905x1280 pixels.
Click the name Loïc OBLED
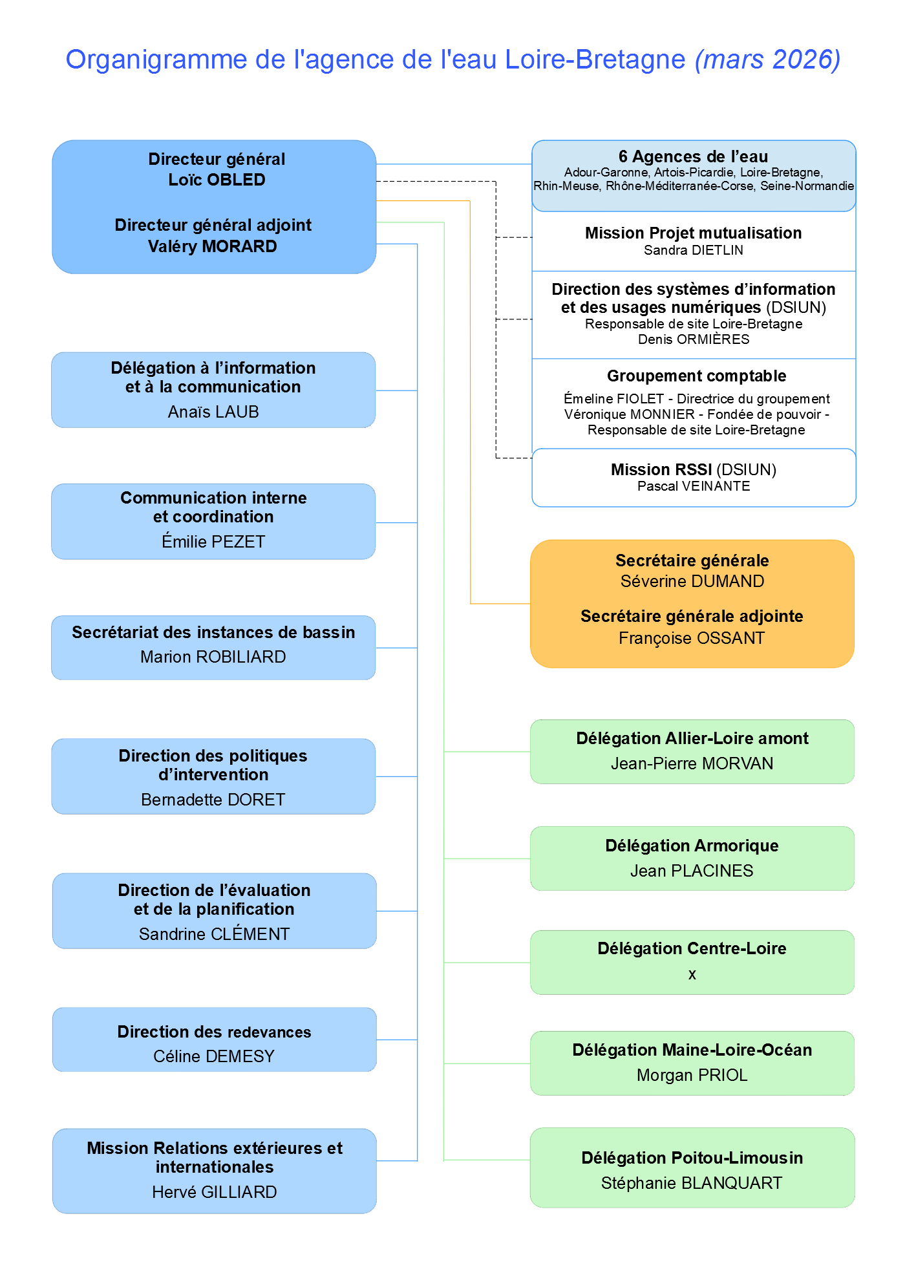click(217, 180)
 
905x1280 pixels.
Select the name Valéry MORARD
click(212, 246)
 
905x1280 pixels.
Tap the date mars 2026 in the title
click(767, 59)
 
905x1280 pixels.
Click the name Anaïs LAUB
click(213, 412)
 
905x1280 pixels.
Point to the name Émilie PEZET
click(213, 542)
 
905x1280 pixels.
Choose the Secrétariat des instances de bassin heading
click(213, 632)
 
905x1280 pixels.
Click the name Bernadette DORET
click(213, 800)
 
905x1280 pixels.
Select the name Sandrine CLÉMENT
click(214, 934)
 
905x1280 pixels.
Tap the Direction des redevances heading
click(214, 1032)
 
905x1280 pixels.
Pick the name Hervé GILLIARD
click(214, 1192)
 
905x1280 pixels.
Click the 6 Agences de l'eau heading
click(693, 156)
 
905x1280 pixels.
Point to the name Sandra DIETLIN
click(693, 250)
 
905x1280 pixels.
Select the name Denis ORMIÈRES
click(694, 339)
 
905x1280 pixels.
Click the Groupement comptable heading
click(696, 376)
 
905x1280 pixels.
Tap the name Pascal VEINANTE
click(694, 486)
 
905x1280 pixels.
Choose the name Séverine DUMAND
click(692, 581)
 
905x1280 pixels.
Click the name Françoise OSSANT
click(692, 638)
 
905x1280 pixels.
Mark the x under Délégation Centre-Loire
click(692, 974)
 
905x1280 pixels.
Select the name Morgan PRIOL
click(692, 1075)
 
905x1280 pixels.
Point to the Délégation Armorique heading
click(692, 846)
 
